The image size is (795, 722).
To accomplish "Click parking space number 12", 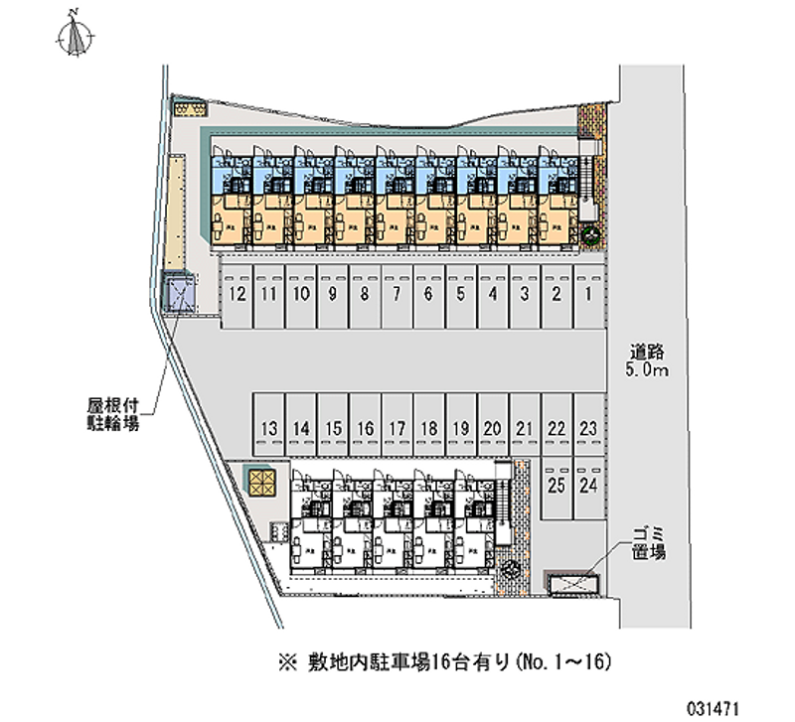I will [237, 295].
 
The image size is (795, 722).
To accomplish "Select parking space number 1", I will [588, 295].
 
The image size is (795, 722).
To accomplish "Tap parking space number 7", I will [397, 295].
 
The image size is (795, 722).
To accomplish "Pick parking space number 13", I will [268, 429].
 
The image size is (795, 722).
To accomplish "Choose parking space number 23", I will [588, 429].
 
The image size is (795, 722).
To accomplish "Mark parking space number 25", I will [556, 486].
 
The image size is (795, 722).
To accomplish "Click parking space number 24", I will [588, 486].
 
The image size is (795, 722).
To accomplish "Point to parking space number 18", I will [428, 429].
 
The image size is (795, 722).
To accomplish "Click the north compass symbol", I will [74, 36].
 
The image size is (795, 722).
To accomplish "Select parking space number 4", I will [492, 295].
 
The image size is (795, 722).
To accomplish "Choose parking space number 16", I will [365, 429].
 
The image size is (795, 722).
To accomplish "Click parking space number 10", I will [300, 295].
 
